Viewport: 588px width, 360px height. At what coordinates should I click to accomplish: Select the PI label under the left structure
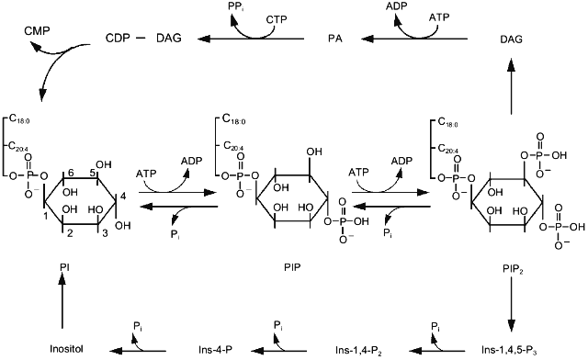[x=64, y=266]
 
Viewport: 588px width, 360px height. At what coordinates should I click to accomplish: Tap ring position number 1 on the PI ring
[x=46, y=215]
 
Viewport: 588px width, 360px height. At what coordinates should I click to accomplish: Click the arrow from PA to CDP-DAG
[x=258, y=39]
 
